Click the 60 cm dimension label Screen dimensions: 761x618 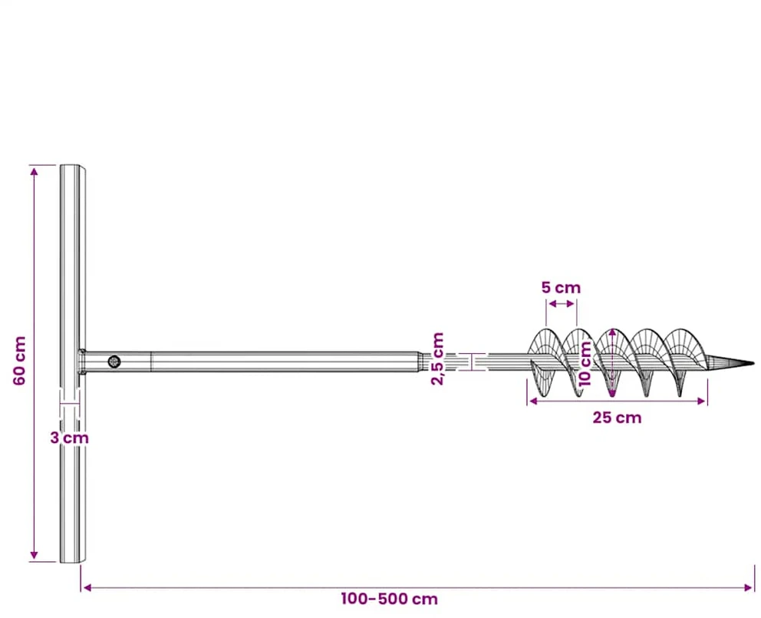coord(19,361)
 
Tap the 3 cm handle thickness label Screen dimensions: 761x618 coord(69,438)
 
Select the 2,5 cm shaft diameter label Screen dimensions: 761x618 coord(437,359)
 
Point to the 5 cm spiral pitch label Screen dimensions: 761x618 coord(561,288)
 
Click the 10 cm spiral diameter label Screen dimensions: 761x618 coord(586,363)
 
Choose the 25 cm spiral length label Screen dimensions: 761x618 coord(617,418)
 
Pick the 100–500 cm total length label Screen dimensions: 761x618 coord(389,599)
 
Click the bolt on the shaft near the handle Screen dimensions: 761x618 coord(114,362)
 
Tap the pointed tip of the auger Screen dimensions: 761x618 coord(753,363)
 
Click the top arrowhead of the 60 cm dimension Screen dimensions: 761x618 coord(34,170)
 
